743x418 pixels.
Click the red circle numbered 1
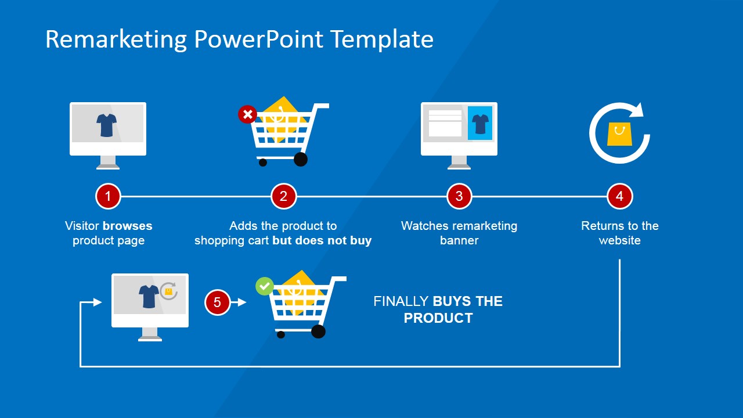click(x=108, y=197)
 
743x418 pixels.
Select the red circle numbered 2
click(x=283, y=197)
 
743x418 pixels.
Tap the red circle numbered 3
click(x=459, y=197)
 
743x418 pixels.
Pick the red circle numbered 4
click(x=619, y=197)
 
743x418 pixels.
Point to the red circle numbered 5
click(x=217, y=302)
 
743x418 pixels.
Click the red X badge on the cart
click(x=247, y=114)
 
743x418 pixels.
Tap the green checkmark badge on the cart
click(x=265, y=286)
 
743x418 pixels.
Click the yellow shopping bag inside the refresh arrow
click(x=619, y=134)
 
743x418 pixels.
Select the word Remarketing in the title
click(x=116, y=39)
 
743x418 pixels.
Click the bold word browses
click(x=128, y=226)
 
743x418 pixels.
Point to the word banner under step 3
click(x=459, y=240)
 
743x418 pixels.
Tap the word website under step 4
click(x=619, y=240)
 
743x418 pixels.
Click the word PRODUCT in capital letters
click(x=438, y=318)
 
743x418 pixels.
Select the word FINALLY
click(x=401, y=301)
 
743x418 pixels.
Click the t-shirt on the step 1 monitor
click(x=107, y=125)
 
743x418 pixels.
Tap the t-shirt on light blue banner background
click(x=480, y=124)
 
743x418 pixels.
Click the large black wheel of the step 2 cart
click(x=301, y=159)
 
